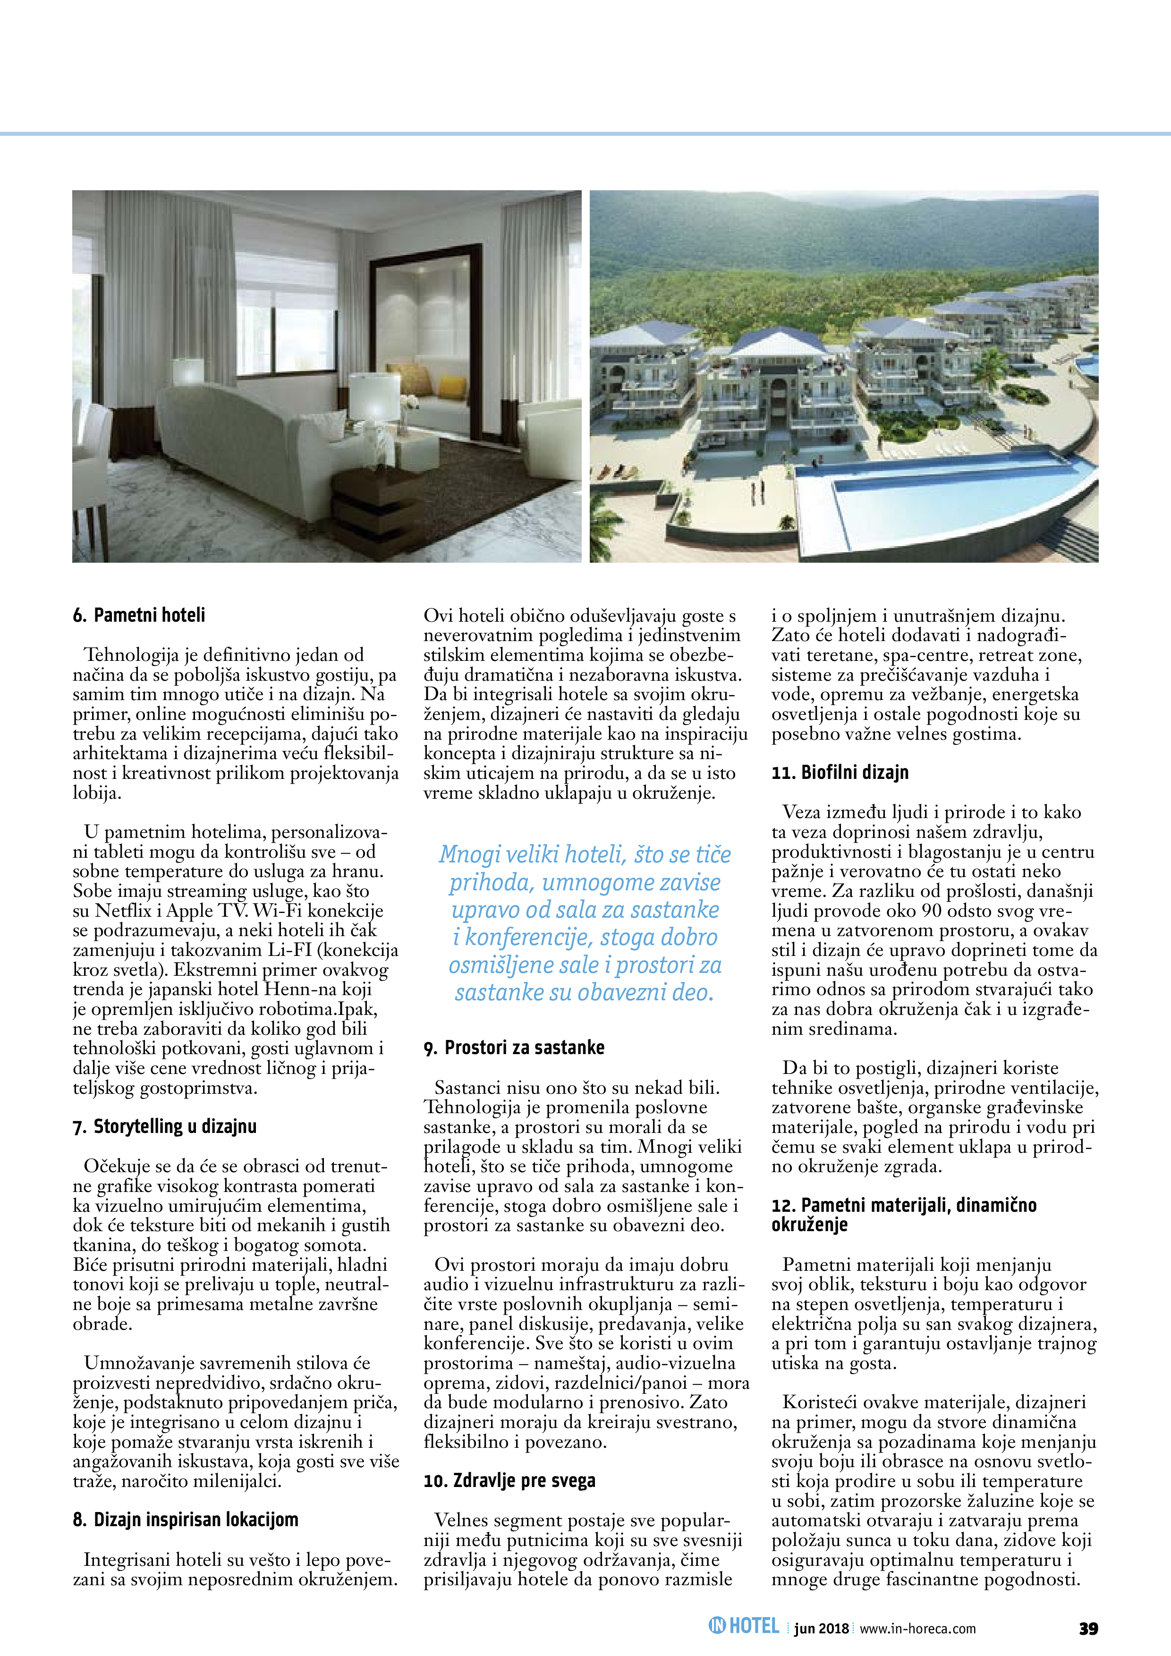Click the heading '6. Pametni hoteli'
pyautogui.click(x=138, y=615)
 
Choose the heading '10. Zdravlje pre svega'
pyautogui.click(x=509, y=1481)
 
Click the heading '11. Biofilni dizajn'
pyautogui.click(x=840, y=772)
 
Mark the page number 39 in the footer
pyautogui.click(x=1088, y=1628)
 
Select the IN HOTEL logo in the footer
pyautogui.click(x=744, y=1626)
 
